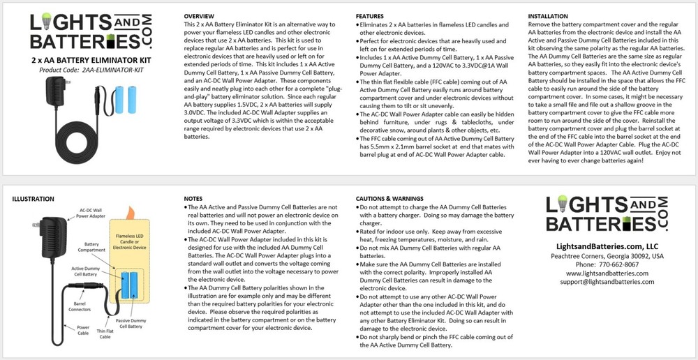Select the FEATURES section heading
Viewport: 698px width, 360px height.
370,15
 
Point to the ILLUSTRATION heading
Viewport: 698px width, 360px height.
33,199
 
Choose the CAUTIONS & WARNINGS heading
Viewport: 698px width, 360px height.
389,199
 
